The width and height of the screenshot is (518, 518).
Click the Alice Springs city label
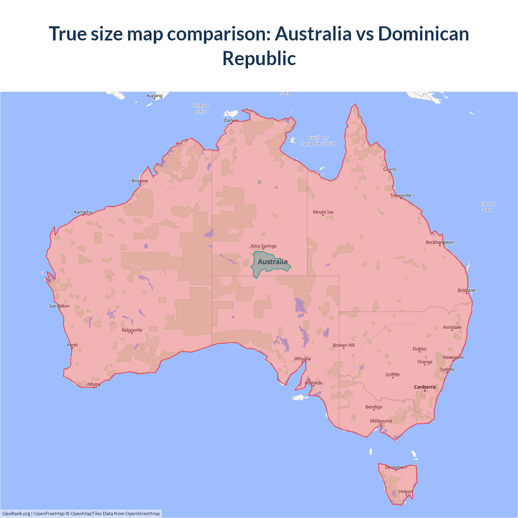pyautogui.click(x=263, y=246)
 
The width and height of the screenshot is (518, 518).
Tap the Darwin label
pyautogui.click(x=231, y=120)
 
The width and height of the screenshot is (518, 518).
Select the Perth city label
pyautogui.click(x=72, y=345)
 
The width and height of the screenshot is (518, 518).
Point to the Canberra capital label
pyautogui.click(x=425, y=387)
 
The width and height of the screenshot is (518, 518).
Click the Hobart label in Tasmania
pyautogui.click(x=406, y=492)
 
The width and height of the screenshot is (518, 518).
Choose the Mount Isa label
pyautogui.click(x=323, y=212)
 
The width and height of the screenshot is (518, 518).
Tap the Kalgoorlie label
pyautogui.click(x=132, y=330)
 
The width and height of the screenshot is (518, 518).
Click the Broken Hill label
pyautogui.click(x=344, y=345)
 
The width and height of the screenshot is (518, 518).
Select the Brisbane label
pyautogui.click(x=467, y=290)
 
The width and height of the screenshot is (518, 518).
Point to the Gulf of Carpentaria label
pyautogui.click(x=318, y=141)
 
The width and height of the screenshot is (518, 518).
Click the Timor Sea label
pyautogui.click(x=201, y=108)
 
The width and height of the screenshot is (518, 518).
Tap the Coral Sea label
pyautogui.click(x=488, y=207)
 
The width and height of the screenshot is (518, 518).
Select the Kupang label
pyautogui.click(x=155, y=96)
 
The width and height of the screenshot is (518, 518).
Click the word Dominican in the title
pyautogui.click(x=423, y=34)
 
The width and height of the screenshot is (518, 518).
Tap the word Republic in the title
pyautogui.click(x=259, y=58)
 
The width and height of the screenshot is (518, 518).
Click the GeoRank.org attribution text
pyautogui.click(x=16, y=514)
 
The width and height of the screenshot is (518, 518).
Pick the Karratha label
pyautogui.click(x=83, y=212)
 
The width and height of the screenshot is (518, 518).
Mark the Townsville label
pyautogui.click(x=401, y=195)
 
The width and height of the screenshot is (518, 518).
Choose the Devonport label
pyautogui.click(x=396, y=467)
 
